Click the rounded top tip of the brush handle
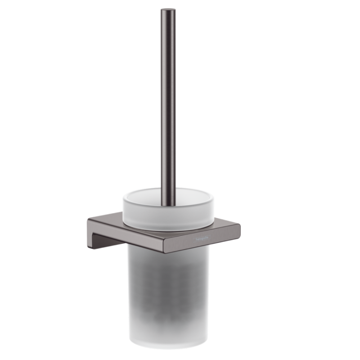(169, 10)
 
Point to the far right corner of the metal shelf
(240, 225)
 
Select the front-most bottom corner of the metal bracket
(165, 252)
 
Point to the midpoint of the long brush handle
(169, 106)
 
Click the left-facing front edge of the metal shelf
(126, 234)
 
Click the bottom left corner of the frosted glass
(131, 340)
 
